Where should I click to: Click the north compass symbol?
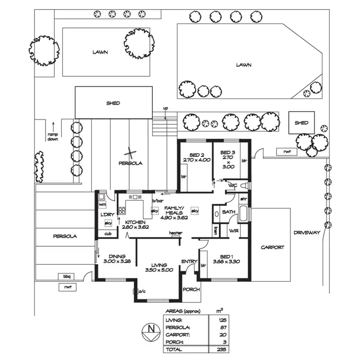pyautogui.click(x=151, y=332)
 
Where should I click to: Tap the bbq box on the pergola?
pyautogui.click(x=67, y=276)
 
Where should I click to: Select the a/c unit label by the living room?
pyautogui.click(x=142, y=291)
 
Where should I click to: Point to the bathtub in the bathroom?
pyautogui.click(x=243, y=214)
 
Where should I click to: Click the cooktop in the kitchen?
pyautogui.click(x=122, y=211)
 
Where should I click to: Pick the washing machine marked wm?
pyautogui.click(x=102, y=204)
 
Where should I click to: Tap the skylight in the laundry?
pyautogui.click(x=108, y=223)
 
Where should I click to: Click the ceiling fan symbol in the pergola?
pyautogui.click(x=130, y=153)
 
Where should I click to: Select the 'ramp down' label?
pyautogui.click(x=53, y=137)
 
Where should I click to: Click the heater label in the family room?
pyautogui.click(x=176, y=233)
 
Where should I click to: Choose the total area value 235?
pyautogui.click(x=221, y=349)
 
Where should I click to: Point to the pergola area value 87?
pyautogui.click(x=223, y=327)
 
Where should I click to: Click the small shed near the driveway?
pyautogui.click(x=301, y=122)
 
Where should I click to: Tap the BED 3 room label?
pyautogui.click(x=228, y=153)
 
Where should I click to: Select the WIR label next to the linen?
pyautogui.click(x=234, y=231)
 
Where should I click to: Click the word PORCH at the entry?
pyautogui.click(x=191, y=289)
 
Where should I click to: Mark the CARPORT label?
pyautogui.click(x=273, y=247)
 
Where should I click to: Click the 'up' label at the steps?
pyautogui.click(x=165, y=108)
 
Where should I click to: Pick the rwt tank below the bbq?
pyautogui.click(x=68, y=287)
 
